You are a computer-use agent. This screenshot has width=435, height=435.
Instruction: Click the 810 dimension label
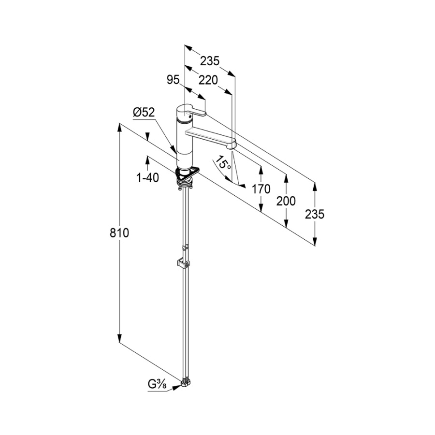point(119,233)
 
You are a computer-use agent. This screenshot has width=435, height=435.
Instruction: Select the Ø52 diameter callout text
point(144,112)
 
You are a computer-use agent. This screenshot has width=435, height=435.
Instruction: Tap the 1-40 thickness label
point(148,177)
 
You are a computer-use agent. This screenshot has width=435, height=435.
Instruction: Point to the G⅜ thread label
point(158,385)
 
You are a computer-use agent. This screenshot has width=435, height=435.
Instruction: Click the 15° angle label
point(224,163)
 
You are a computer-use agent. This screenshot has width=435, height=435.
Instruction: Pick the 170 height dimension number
point(261,189)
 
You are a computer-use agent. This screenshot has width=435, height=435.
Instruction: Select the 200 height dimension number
point(286,201)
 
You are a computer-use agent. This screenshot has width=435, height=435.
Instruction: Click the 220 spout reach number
point(208,80)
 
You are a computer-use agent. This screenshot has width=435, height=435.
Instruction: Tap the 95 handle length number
point(173,80)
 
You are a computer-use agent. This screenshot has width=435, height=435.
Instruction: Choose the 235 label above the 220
point(210,61)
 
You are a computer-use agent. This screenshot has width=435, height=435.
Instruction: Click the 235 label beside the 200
point(315,214)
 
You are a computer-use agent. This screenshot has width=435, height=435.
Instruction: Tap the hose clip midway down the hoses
point(183,264)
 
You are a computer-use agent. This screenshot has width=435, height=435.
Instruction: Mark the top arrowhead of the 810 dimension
point(119,128)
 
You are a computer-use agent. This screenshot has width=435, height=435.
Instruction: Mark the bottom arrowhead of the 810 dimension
point(119,338)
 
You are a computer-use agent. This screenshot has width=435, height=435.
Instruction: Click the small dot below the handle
point(189,117)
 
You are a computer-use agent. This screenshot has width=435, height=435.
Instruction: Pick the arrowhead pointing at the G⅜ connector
point(176,388)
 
